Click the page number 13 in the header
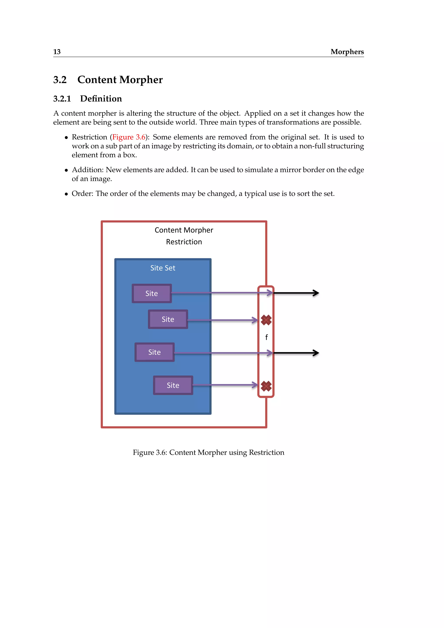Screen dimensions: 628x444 click(57, 52)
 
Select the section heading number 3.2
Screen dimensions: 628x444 click(60, 80)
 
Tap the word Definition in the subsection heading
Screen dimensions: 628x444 click(101, 99)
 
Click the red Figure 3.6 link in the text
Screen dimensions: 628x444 click(129, 137)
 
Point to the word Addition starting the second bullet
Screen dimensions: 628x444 click(88, 170)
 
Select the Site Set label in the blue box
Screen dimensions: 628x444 click(163, 268)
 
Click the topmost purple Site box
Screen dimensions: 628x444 click(152, 293)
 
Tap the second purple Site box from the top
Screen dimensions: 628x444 click(168, 319)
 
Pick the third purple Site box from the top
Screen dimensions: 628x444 click(155, 352)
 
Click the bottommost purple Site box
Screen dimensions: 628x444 click(173, 385)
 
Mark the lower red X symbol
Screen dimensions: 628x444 click(266, 386)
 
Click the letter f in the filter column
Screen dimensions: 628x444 click(267, 337)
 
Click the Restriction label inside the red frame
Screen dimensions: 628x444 click(184, 242)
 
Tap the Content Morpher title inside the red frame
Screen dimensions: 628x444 click(184, 230)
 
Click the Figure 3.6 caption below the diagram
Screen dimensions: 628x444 click(208, 452)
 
